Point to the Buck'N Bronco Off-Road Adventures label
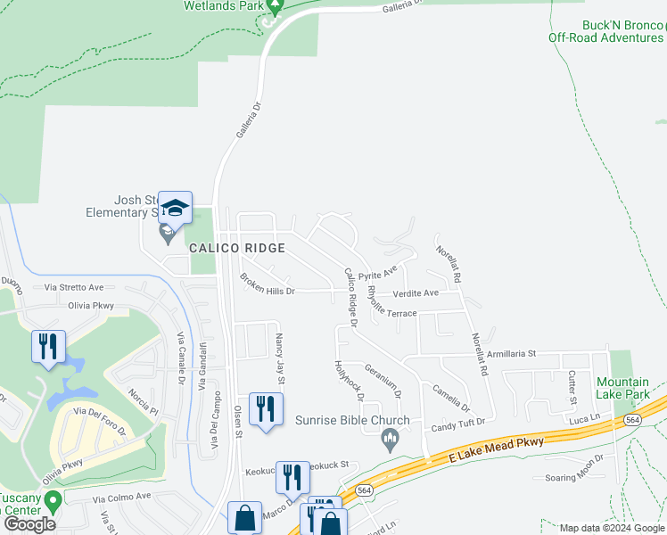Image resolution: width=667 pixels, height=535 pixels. pos(605,31)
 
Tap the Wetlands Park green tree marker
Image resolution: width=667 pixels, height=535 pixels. pos(275,5)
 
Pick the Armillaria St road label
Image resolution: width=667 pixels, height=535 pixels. pos(506,353)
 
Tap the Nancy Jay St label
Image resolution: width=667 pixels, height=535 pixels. pos(280,358)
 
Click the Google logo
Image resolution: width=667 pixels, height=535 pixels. pos(29,524)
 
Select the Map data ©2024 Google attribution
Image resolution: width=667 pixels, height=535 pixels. pos(611,528)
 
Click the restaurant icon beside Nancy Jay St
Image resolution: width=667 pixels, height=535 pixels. pos(263,410)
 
